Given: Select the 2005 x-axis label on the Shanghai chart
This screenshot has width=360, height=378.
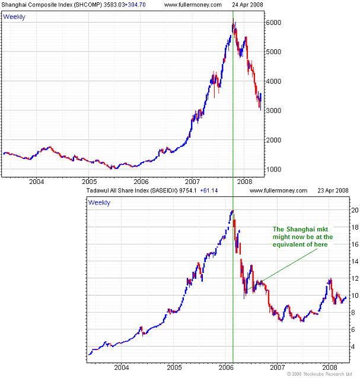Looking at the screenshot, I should point(89,182).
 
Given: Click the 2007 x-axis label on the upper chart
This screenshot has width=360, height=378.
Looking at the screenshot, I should point(192,182).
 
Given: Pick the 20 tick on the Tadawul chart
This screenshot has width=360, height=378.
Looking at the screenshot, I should point(354,210).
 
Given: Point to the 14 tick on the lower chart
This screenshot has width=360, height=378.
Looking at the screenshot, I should point(354,261).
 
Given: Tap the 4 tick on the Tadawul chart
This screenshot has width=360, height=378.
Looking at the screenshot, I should point(354,347).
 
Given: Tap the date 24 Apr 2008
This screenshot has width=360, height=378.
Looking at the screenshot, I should point(247,5).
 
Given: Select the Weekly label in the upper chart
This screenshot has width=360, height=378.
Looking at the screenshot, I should point(14,16).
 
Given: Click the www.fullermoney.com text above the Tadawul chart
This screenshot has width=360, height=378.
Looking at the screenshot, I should point(279,191).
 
